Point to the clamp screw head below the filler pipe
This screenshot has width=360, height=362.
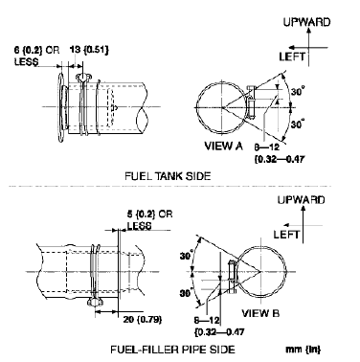(96, 303)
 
